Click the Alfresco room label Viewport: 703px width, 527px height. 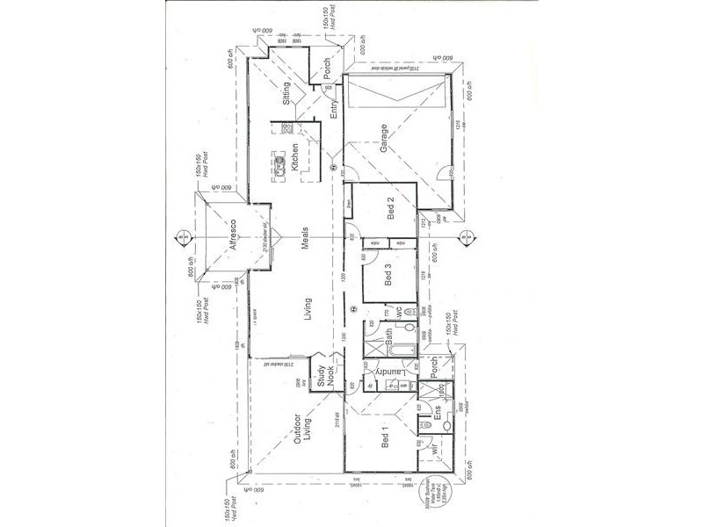point(231,235)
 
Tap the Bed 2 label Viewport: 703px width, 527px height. point(392,213)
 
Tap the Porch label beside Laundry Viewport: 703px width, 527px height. point(432,366)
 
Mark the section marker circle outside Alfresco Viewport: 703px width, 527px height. point(178,235)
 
